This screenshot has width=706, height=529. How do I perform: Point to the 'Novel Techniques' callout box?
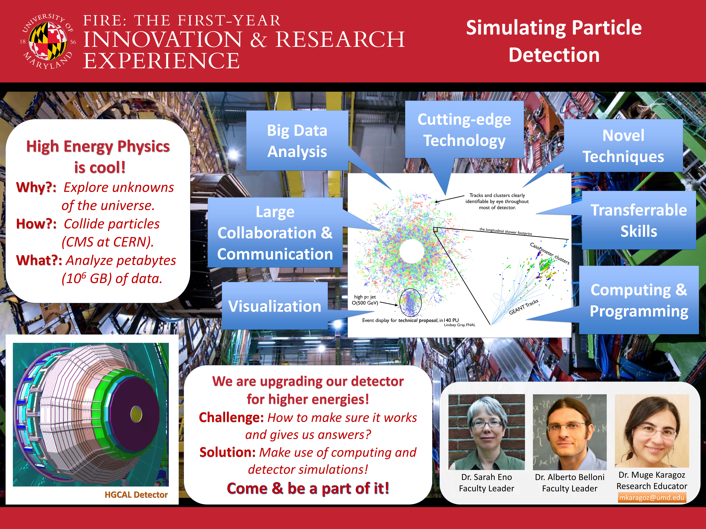point(623,146)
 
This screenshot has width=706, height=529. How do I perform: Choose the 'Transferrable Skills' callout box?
point(639,220)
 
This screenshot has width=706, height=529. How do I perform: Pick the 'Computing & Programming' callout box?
point(639,300)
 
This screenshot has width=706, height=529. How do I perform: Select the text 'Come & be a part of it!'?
point(308,488)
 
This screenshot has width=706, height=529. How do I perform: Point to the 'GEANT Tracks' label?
point(524,307)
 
